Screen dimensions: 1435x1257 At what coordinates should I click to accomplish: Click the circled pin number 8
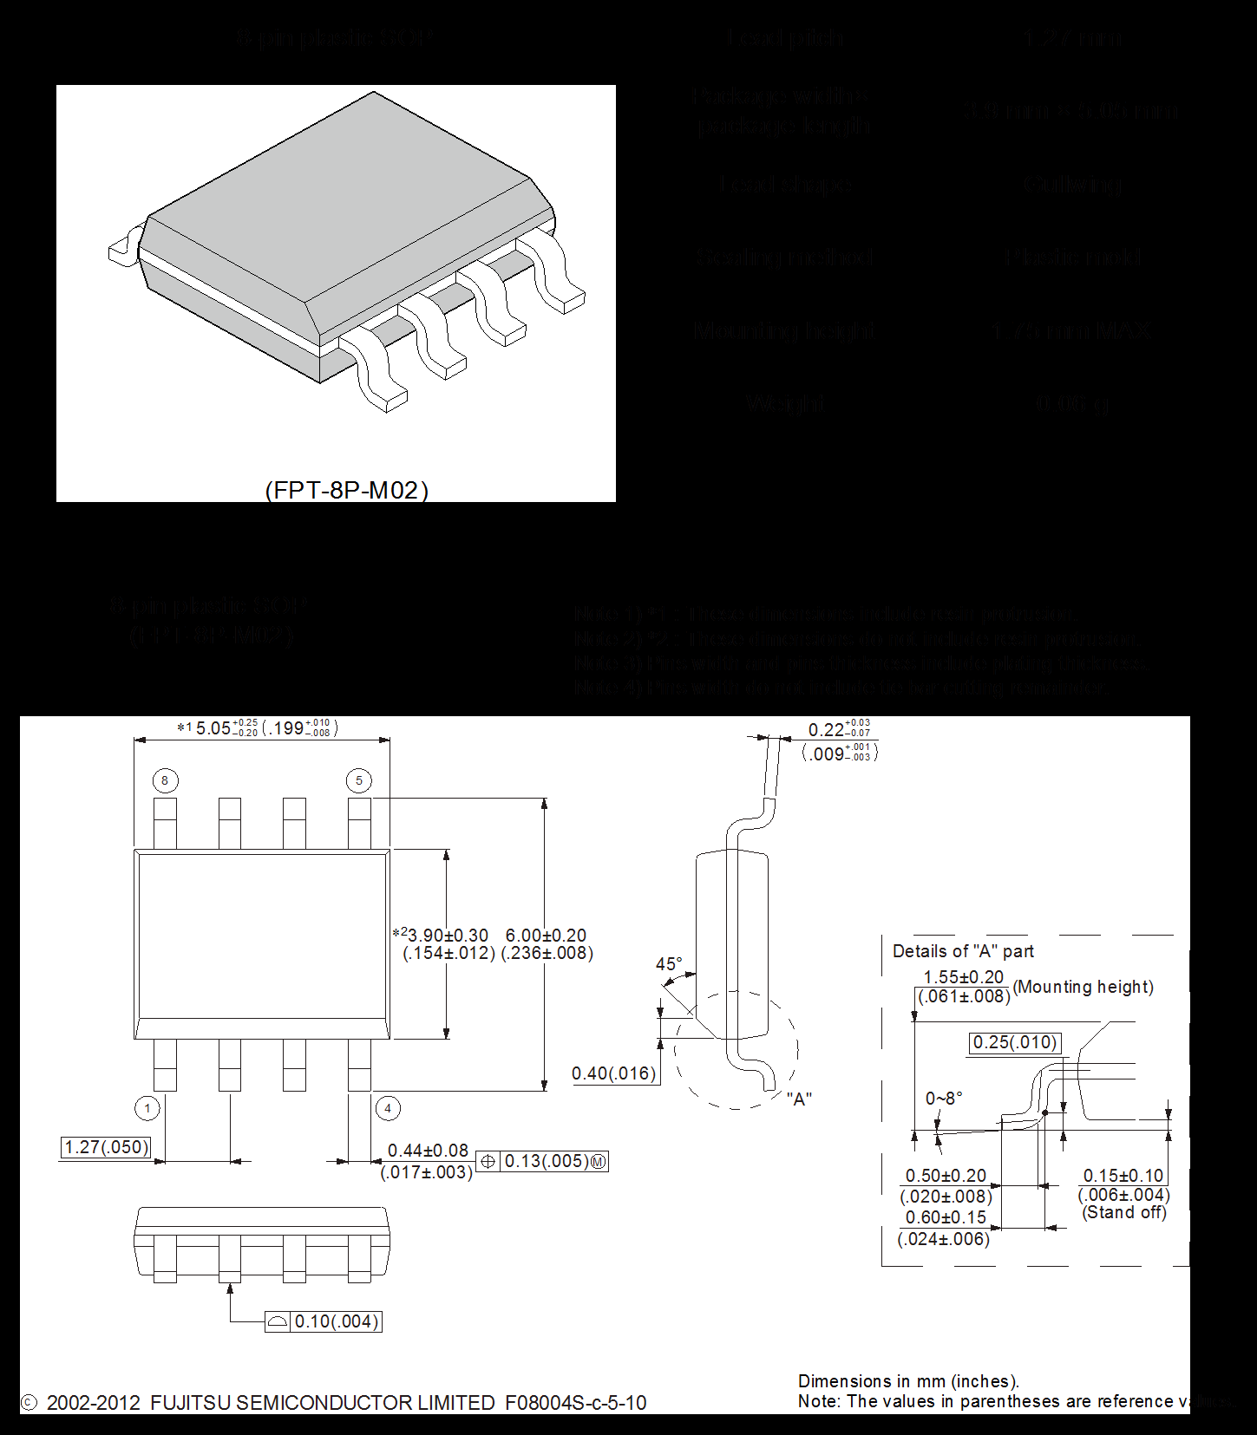point(165,780)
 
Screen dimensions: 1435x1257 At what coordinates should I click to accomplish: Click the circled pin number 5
point(359,780)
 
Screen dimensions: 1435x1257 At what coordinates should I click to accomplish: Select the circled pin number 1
point(147,1108)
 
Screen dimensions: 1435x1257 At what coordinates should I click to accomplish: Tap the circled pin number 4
point(388,1108)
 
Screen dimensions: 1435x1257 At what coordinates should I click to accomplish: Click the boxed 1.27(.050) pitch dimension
point(107,1147)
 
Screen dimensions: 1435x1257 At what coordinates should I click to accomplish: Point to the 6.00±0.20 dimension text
point(546,936)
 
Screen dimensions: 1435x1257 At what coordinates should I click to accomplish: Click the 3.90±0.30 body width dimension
point(447,936)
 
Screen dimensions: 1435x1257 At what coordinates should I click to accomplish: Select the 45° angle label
point(669,964)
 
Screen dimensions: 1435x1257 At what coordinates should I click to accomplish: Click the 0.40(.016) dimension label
point(614,1073)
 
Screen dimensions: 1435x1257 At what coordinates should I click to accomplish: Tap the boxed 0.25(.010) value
point(1015,1042)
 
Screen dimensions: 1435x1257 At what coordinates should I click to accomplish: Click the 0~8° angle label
point(944,1099)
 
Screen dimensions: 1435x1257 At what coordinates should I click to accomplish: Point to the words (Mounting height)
point(1084,987)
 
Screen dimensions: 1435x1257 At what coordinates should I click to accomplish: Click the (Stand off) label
point(1124,1212)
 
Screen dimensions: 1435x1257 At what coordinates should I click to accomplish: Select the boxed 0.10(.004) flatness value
point(337,1321)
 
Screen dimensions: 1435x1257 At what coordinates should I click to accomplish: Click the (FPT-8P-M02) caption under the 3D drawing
point(346,490)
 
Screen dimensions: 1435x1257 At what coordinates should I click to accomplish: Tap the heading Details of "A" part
point(963,951)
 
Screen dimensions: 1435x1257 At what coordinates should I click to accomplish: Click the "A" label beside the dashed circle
point(799,1099)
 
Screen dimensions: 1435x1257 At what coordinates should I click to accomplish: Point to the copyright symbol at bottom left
point(29,1403)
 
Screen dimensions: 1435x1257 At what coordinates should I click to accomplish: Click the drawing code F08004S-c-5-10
point(575,1403)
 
